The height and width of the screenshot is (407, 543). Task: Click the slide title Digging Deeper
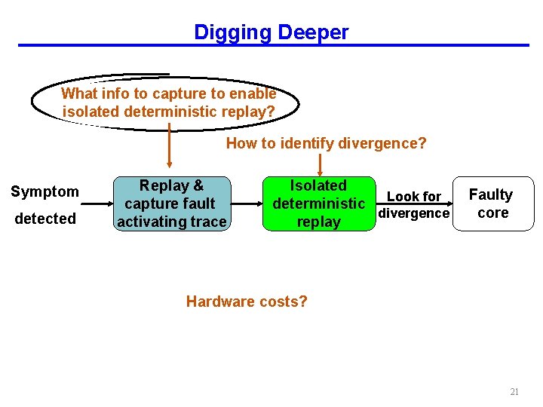point(271,32)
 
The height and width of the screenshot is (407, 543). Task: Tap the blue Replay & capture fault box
point(171,203)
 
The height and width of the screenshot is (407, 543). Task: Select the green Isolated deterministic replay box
point(318,203)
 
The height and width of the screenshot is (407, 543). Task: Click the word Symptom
point(44,191)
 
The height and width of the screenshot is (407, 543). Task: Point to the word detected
point(44,219)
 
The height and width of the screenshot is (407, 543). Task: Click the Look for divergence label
point(413,204)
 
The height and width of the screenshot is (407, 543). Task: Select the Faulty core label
point(490,203)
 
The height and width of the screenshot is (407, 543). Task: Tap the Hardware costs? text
point(247,301)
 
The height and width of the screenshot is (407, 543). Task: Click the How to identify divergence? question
point(326,143)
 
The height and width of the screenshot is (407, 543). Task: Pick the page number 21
point(514,392)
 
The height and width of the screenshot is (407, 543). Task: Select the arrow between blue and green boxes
point(246,203)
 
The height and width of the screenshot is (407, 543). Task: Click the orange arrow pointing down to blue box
point(169,147)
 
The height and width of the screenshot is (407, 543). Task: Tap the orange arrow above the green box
point(321,164)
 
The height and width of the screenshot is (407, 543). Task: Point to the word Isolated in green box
point(318,185)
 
